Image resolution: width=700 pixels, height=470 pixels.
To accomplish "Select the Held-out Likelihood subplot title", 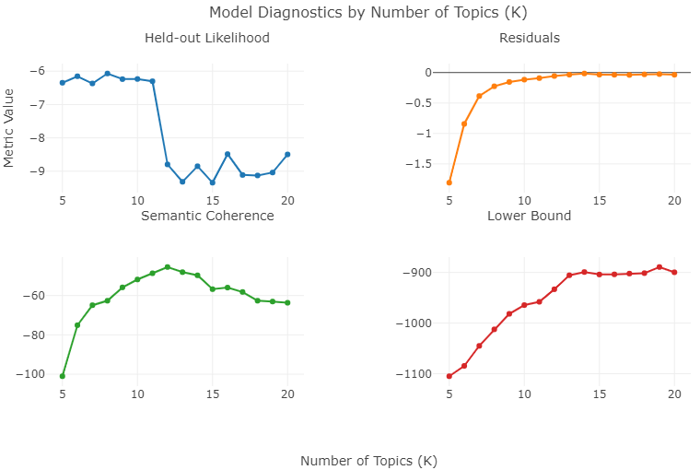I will (x=207, y=38).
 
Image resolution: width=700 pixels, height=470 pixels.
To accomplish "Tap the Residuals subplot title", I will (x=530, y=38).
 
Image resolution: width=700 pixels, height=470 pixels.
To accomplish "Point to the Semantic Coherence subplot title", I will (x=207, y=216).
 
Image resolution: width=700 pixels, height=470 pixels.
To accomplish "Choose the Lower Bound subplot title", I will (x=530, y=216).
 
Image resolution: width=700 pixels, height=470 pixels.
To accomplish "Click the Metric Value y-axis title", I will (x=9, y=127).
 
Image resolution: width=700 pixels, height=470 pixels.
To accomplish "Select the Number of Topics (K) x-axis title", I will (x=368, y=461).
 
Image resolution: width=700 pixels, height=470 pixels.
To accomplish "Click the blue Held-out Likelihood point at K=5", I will (x=63, y=83).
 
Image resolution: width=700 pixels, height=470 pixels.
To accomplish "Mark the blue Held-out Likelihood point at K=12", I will (x=168, y=164).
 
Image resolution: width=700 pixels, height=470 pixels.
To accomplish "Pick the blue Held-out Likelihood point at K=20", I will (x=287, y=155).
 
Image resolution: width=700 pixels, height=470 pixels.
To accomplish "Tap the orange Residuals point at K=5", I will (x=449, y=182).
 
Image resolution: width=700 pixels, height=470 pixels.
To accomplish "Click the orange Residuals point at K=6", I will (x=464, y=123).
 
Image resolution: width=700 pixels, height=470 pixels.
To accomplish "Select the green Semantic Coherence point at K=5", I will (x=63, y=376).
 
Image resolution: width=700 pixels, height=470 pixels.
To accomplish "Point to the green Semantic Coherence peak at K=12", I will (x=168, y=267).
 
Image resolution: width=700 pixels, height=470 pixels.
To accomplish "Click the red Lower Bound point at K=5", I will (x=449, y=376).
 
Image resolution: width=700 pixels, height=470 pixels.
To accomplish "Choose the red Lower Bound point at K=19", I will (x=659, y=267).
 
